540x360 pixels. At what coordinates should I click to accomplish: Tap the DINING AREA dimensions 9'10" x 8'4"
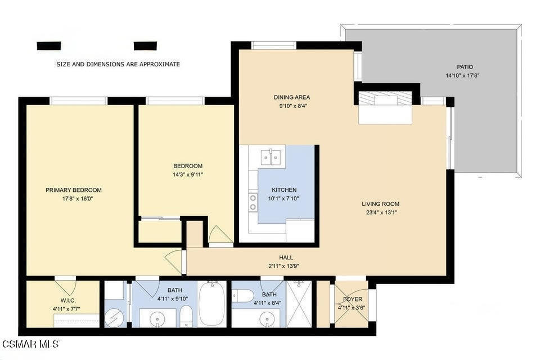291,105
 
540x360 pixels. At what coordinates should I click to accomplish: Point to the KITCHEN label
284,190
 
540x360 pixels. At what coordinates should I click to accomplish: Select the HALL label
286,258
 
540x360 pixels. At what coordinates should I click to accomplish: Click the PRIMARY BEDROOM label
74,190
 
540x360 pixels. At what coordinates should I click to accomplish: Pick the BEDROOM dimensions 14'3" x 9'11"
188,174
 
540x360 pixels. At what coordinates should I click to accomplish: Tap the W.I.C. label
68,300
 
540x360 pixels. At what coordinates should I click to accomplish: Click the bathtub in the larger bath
212,304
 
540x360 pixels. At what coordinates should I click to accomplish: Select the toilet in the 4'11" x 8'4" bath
244,295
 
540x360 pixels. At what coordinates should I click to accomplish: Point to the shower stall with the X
299,304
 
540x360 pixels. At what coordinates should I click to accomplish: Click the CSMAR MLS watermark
30,344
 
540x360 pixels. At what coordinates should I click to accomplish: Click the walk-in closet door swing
65,286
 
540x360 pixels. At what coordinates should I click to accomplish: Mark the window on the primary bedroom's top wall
78,101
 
